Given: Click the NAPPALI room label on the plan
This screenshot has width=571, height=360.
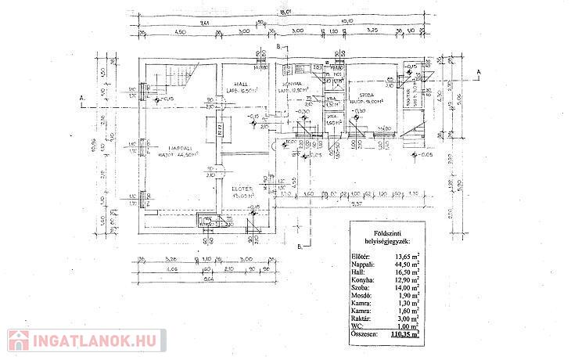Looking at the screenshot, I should pos(176,146).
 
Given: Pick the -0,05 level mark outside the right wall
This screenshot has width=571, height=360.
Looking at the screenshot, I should pos(425,155).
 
